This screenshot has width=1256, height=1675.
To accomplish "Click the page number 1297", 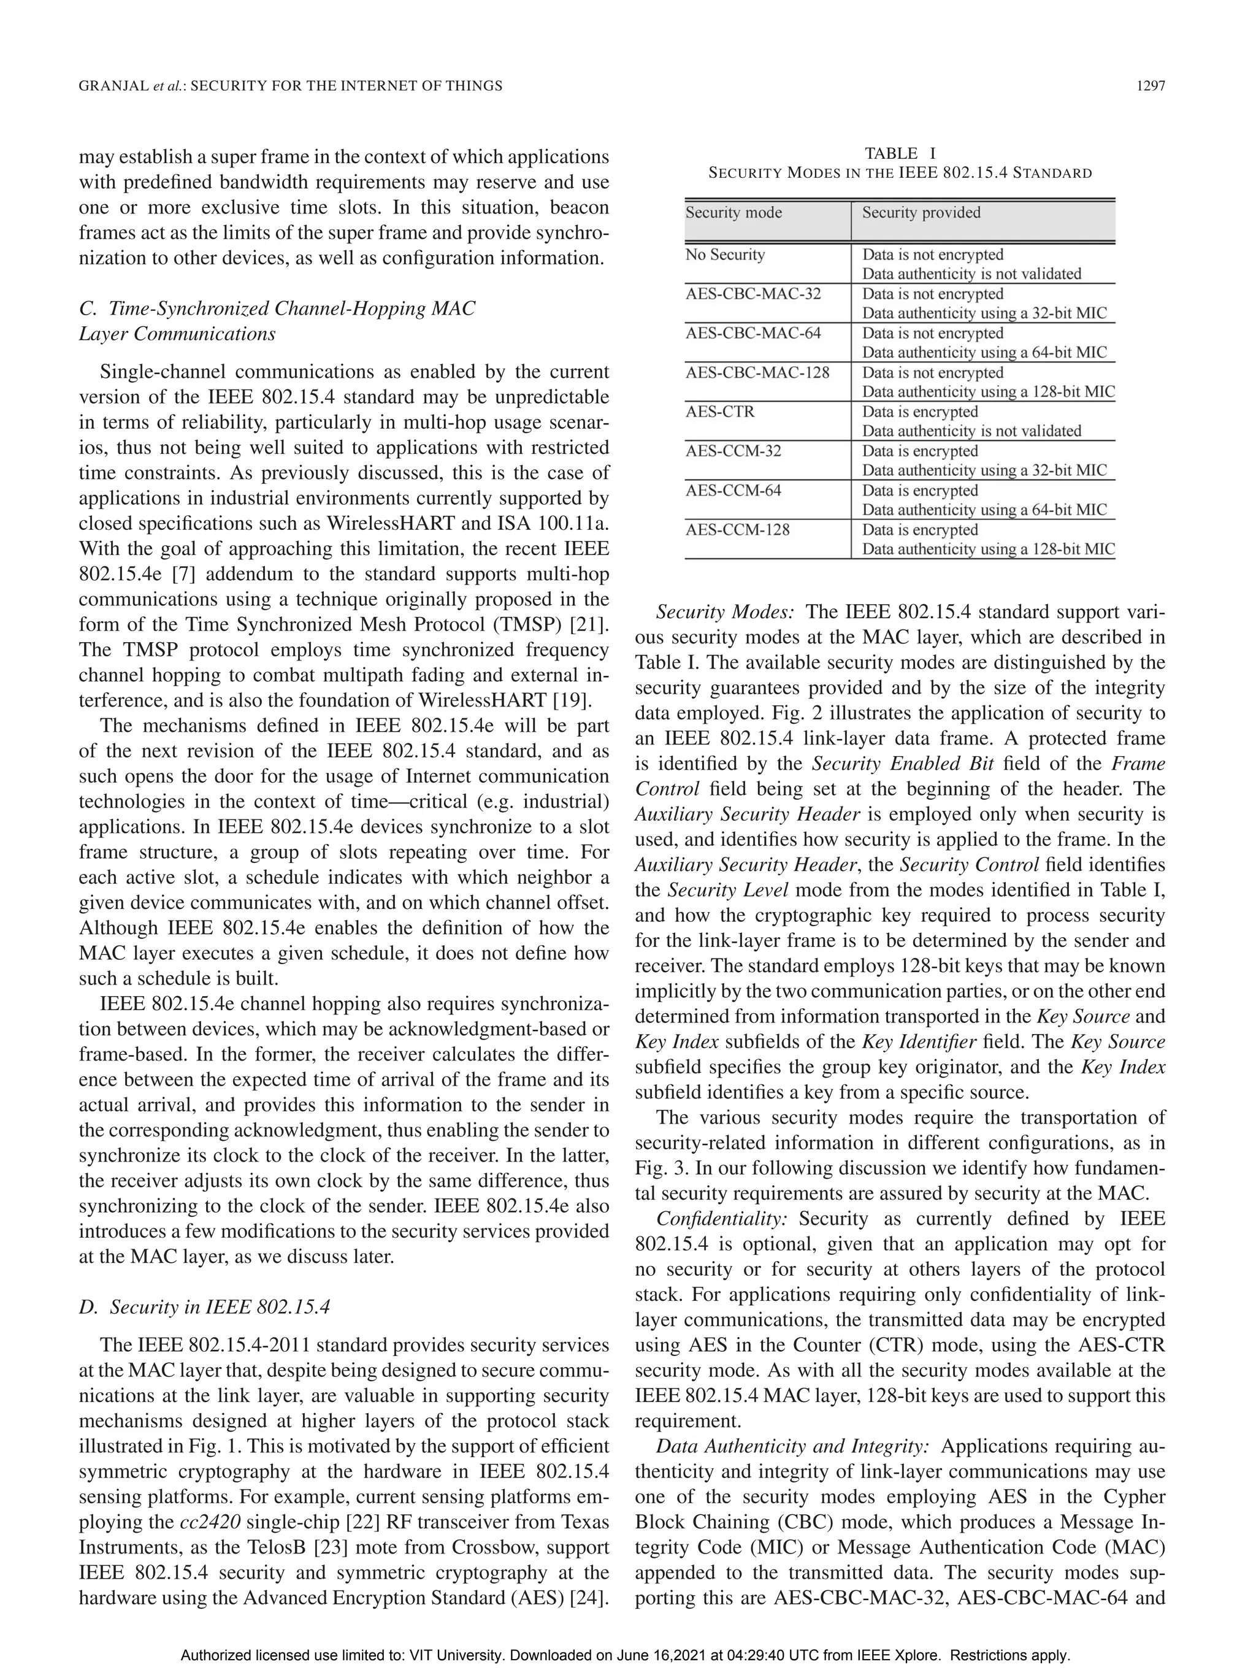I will pos(1151,86).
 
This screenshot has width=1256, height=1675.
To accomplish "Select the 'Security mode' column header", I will pos(733,213).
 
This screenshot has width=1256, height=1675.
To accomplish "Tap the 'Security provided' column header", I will pos(921,213).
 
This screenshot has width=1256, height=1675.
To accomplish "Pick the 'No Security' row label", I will pos(724,255).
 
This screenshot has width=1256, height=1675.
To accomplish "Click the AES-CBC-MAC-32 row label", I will pos(752,294).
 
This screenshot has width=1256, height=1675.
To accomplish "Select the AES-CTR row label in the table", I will pos(720,412).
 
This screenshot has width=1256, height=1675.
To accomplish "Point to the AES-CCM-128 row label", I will pos(737,530).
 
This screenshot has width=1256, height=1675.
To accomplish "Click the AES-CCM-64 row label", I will pos(733,491).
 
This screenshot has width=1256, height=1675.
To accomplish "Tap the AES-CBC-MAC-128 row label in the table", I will pos(757,372).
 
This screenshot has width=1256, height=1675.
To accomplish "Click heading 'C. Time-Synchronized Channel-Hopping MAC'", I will pos(277,309).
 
